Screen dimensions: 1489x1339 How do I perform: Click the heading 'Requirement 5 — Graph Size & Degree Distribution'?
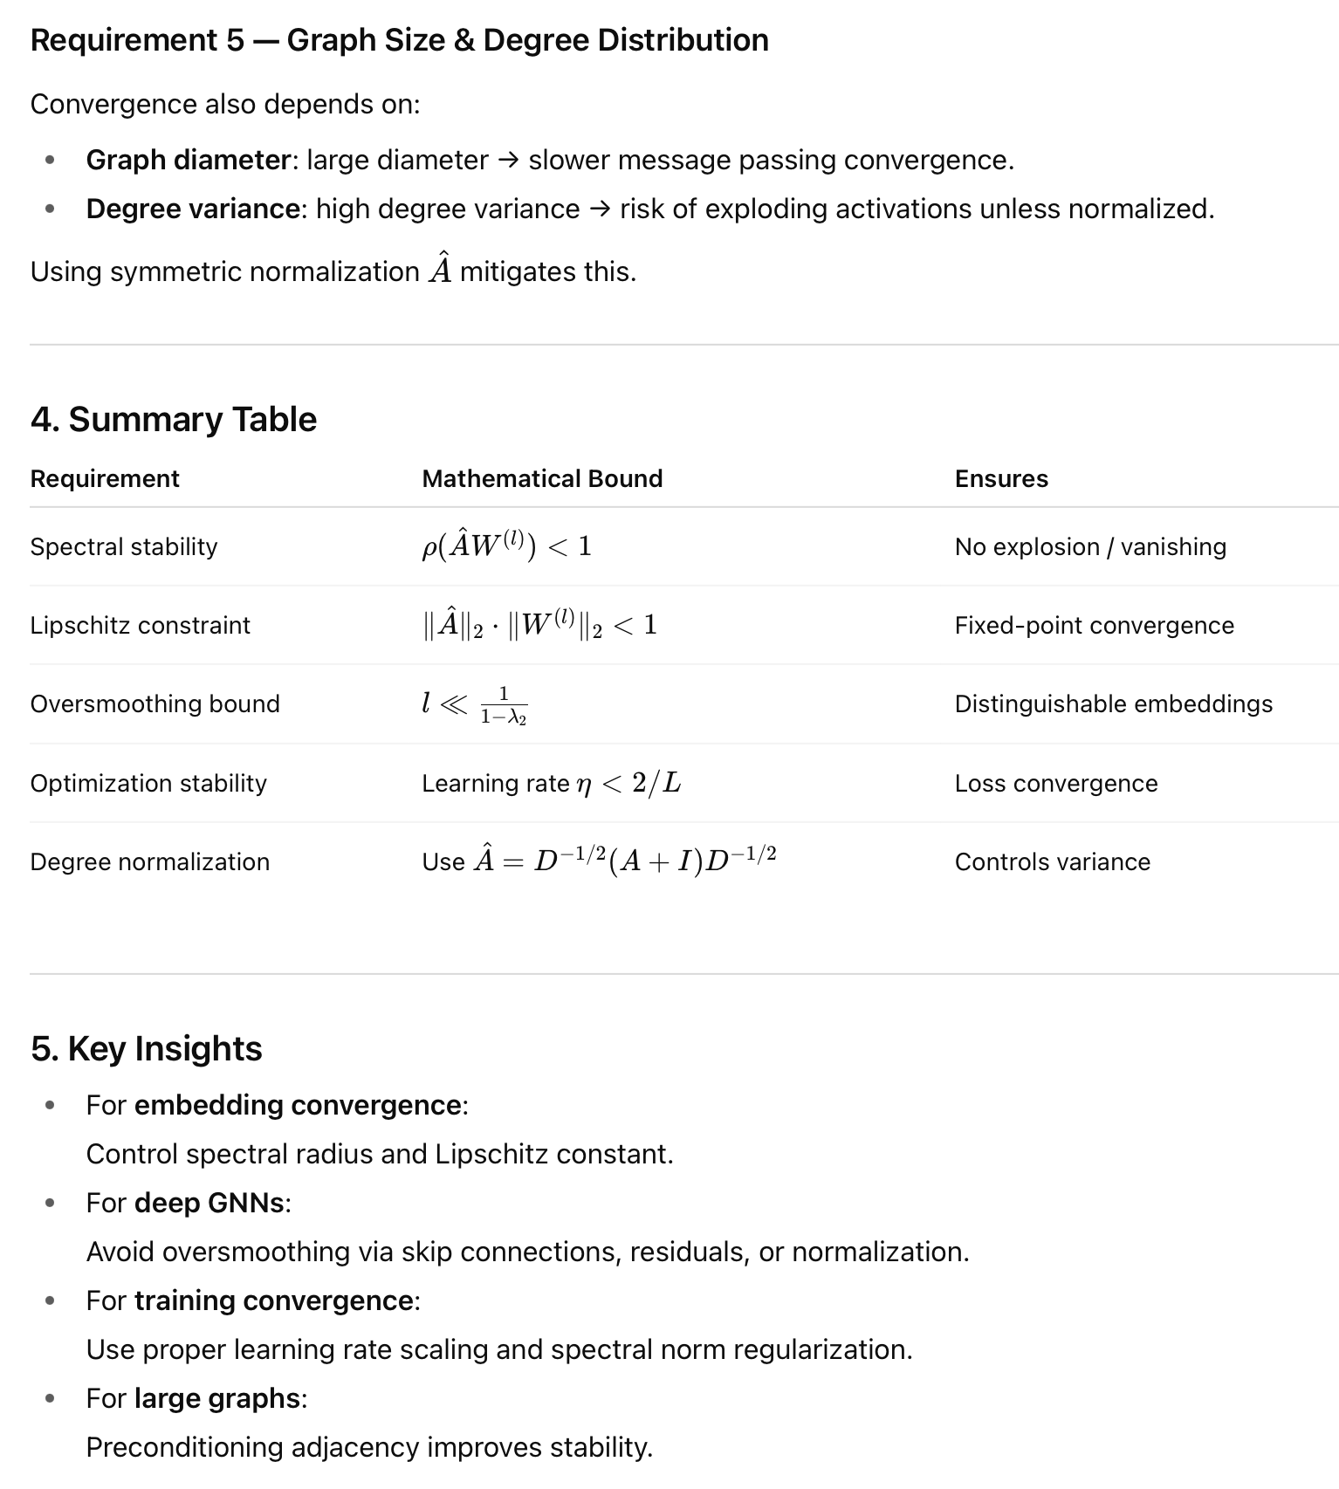pos(399,40)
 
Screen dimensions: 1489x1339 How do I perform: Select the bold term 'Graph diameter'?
pos(188,161)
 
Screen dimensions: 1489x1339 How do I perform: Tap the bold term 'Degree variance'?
pos(193,209)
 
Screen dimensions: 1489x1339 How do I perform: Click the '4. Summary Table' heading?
pos(173,420)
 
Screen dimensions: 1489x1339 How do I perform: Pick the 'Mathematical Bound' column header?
pos(542,479)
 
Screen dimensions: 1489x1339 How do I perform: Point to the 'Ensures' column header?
pos(1001,479)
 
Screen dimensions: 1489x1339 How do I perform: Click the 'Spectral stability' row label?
pos(124,547)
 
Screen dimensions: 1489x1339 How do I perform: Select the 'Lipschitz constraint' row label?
pos(140,626)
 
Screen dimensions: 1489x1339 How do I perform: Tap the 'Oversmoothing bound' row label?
pos(154,704)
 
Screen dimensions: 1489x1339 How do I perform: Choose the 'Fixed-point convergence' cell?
pos(1094,626)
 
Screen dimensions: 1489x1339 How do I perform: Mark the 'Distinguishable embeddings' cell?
pos(1113,704)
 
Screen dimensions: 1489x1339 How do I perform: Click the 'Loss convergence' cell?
pos(1055,784)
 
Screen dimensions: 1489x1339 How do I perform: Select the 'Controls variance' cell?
pos(1052,862)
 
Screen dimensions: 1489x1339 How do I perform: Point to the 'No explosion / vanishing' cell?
pos(1089,547)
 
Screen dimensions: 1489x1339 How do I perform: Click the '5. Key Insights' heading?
pos(146,1049)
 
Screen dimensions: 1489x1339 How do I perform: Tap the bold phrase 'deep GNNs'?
pos(209,1204)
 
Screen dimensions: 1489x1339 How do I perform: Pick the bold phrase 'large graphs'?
pos(217,1399)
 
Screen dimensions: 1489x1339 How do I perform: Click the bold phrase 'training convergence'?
pos(274,1301)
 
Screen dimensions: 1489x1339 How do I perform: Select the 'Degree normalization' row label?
pos(149,862)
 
